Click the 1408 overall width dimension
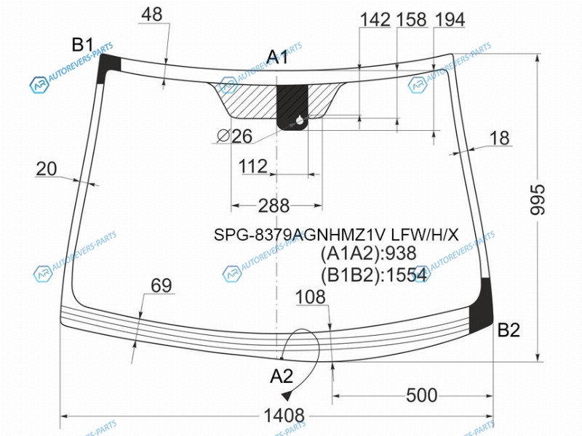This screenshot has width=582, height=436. (284, 416)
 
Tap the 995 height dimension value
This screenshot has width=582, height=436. (538, 199)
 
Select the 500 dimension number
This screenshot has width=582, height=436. (422, 395)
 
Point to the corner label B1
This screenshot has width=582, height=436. (82, 45)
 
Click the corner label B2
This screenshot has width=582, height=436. (509, 330)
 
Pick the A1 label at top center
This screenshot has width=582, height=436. (277, 57)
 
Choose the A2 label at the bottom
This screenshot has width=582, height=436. (282, 376)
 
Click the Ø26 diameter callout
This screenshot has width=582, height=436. (234, 136)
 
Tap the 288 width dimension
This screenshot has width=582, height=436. (274, 206)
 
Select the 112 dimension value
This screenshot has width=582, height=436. (252, 166)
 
